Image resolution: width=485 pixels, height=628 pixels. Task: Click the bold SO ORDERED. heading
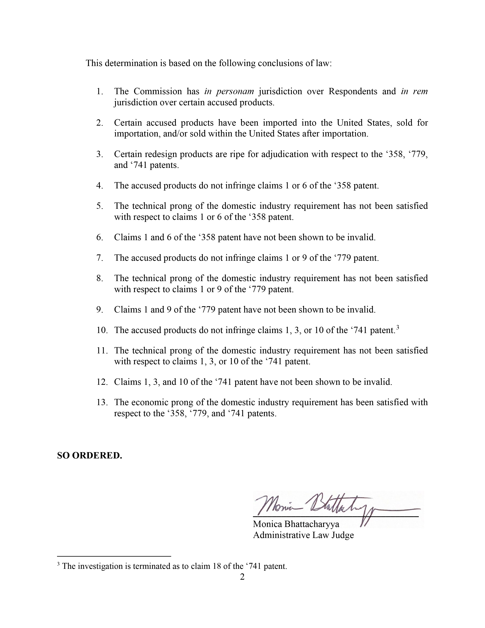pos(89,455)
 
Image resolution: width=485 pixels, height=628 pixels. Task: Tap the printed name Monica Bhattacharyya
pos(296,524)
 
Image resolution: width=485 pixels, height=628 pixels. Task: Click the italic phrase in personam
pos(229,91)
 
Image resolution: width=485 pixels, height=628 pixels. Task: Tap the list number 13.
pos(102,402)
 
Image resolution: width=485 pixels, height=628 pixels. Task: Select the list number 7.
pos(99,258)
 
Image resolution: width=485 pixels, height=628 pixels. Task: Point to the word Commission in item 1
pos(158,91)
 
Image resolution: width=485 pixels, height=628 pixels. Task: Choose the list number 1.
pos(99,91)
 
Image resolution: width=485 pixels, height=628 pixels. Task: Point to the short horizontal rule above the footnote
pos(114,556)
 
